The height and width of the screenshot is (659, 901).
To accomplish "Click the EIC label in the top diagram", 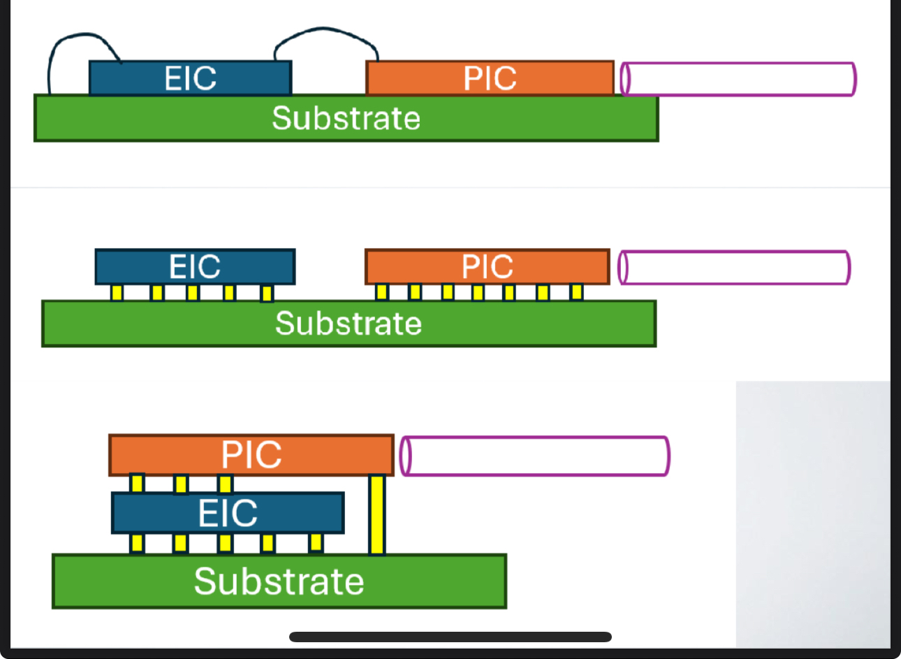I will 190,78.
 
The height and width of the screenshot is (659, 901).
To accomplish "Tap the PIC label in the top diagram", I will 490,78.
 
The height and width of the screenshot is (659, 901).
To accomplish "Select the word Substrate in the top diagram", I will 346,118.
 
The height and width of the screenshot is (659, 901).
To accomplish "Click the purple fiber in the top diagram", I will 738,79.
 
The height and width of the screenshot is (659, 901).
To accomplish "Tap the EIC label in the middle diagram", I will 194,267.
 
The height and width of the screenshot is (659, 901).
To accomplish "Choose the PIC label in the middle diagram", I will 487,267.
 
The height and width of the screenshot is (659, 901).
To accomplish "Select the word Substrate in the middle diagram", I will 348,324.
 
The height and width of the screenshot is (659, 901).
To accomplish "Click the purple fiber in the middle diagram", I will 734,268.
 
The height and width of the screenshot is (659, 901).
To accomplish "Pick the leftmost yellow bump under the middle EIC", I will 117,292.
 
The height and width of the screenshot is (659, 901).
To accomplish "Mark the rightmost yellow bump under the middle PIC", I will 576,291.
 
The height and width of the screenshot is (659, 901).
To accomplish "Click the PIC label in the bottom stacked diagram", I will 251,455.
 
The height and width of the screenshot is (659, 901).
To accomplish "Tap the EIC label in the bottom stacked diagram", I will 228,514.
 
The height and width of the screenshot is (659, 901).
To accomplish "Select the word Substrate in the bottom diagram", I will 279,581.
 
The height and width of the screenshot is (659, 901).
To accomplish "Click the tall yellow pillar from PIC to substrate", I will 377,514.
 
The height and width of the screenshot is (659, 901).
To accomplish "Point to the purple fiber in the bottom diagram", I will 535,456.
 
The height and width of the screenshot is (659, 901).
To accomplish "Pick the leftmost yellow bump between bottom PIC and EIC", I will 137,483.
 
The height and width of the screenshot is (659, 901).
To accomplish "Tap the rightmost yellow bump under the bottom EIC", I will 316,542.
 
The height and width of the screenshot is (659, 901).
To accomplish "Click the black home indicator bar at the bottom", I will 450,637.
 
